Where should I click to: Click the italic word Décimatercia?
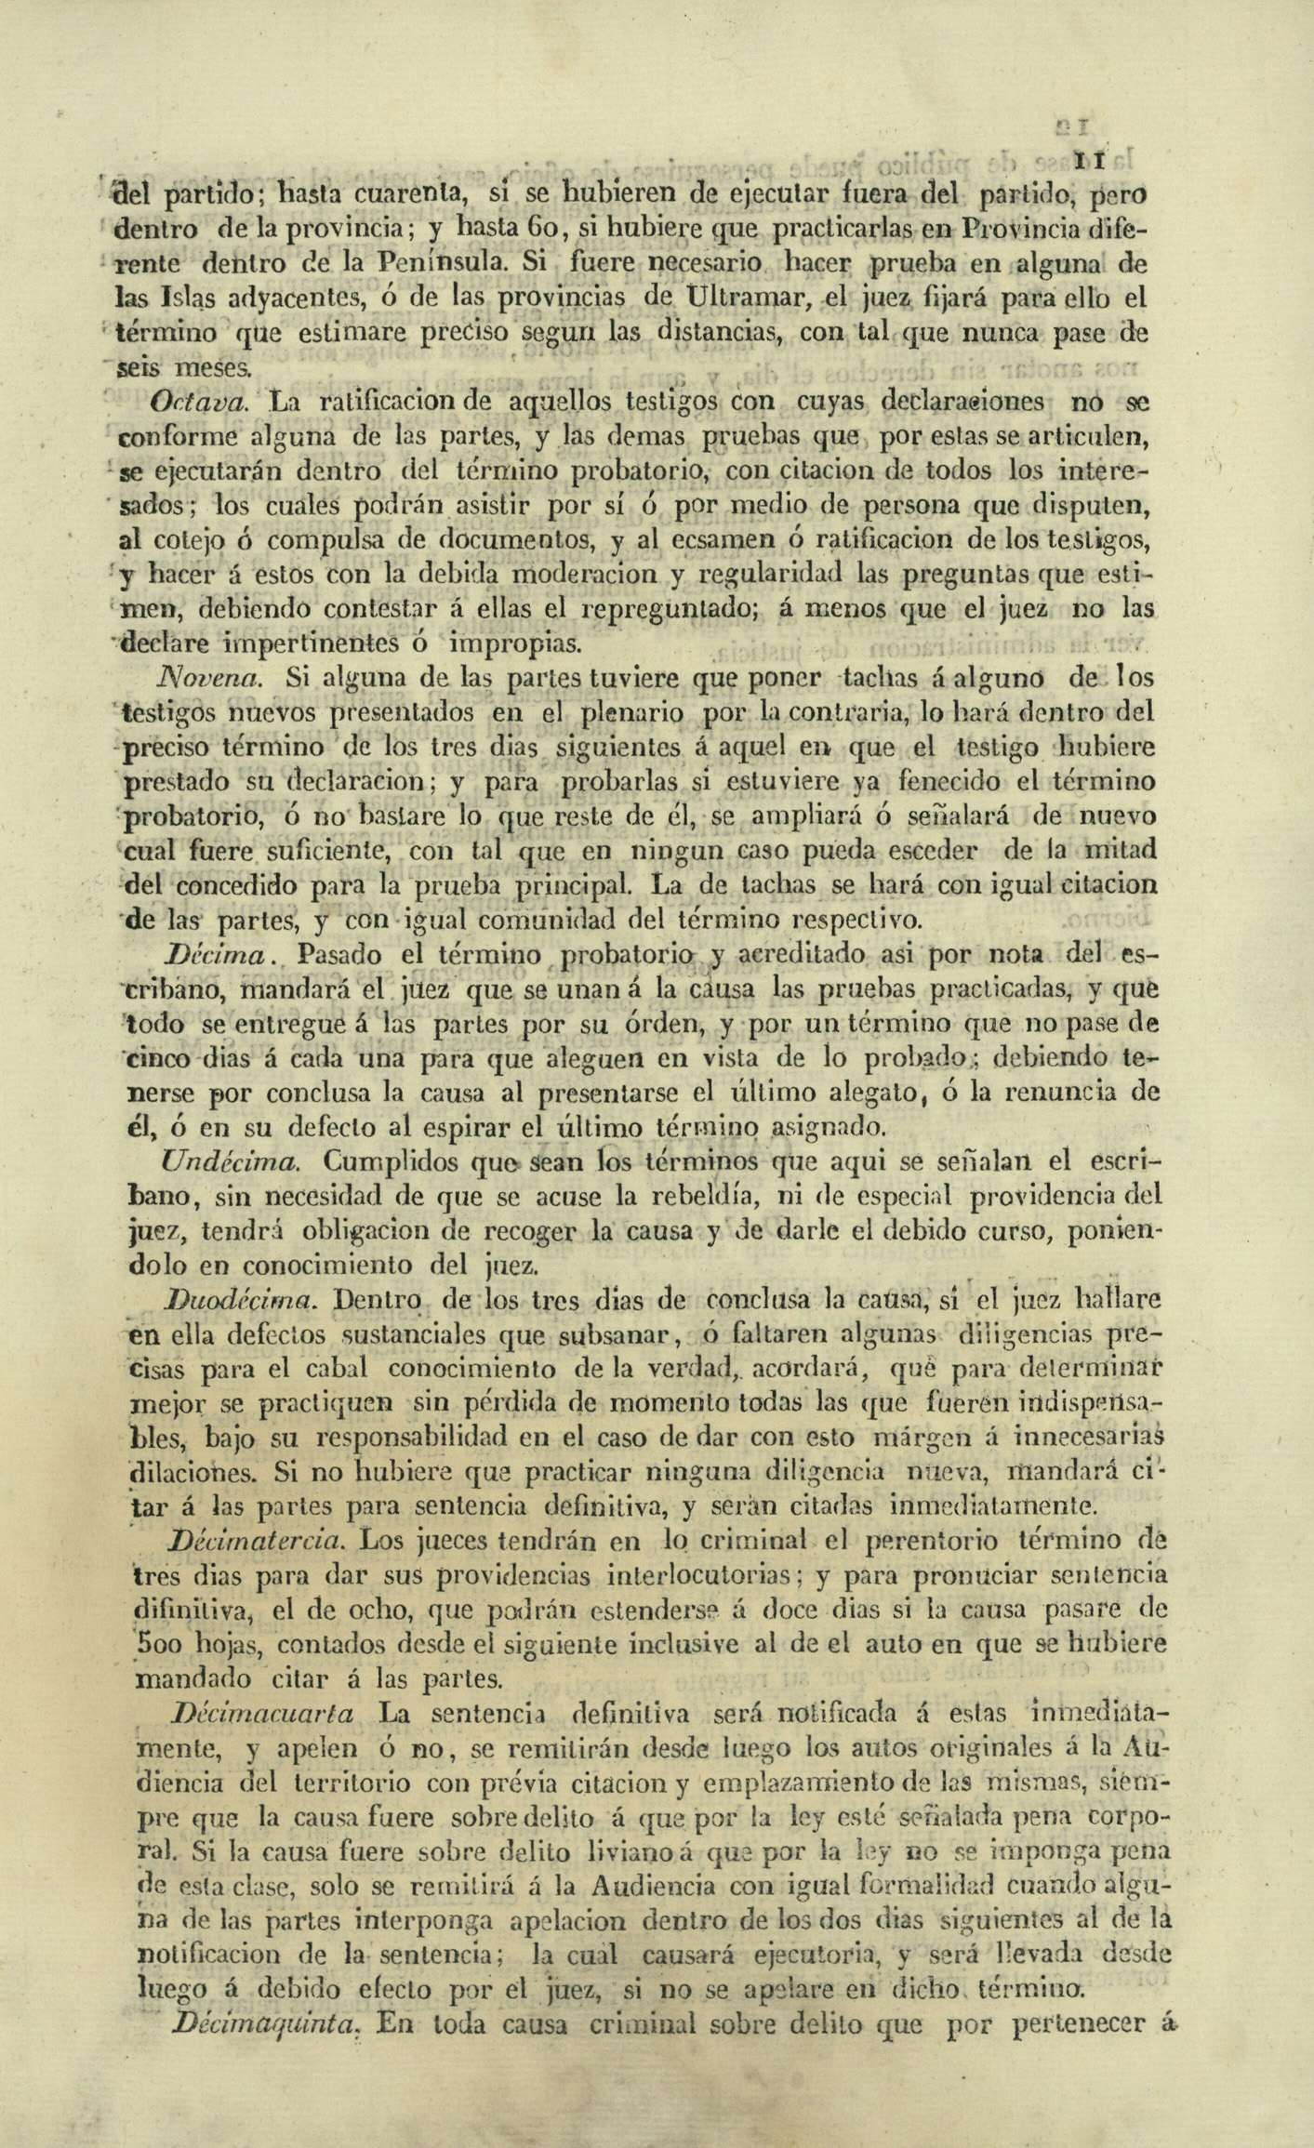click(x=257, y=1540)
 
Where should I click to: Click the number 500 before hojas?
click(x=163, y=1644)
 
